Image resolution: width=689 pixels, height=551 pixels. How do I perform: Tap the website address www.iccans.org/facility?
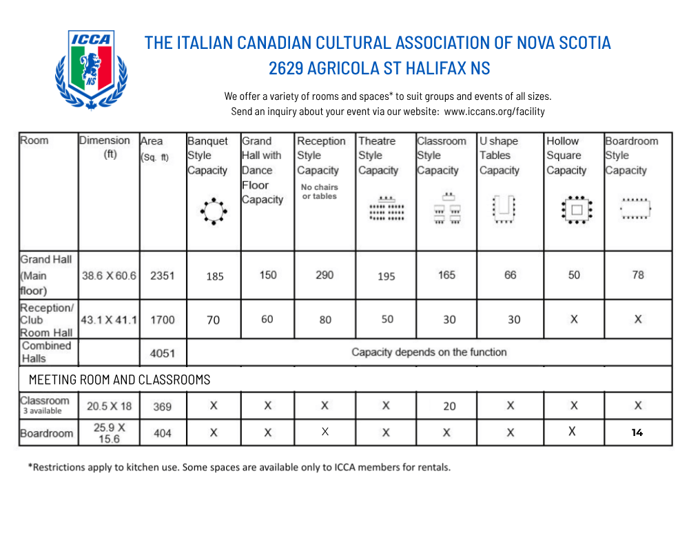(494, 111)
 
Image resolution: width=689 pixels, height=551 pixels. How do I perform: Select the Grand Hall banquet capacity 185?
(215, 276)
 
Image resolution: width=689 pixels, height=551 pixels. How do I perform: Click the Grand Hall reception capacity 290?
(325, 275)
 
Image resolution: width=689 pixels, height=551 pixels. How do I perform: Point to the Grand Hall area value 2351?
(163, 275)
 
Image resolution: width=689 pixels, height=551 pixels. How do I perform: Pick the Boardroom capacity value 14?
(637, 433)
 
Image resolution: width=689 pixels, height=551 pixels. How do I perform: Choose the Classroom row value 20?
(449, 406)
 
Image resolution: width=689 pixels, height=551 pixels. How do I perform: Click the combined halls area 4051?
(163, 354)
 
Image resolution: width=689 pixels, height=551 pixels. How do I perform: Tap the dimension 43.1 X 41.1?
(110, 320)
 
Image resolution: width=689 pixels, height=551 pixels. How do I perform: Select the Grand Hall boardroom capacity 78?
(638, 275)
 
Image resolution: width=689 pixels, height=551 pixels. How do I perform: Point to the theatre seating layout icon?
(387, 209)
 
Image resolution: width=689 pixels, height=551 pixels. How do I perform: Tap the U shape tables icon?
(504, 209)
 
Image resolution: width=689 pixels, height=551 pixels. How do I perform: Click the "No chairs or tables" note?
(320, 191)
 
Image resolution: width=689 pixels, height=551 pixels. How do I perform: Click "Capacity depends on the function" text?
(429, 352)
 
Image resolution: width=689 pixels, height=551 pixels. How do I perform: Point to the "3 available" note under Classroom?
(43, 411)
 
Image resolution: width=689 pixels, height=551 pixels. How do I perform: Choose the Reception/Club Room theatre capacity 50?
(387, 320)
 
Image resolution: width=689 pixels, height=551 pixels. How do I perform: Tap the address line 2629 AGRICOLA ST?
(379, 69)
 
